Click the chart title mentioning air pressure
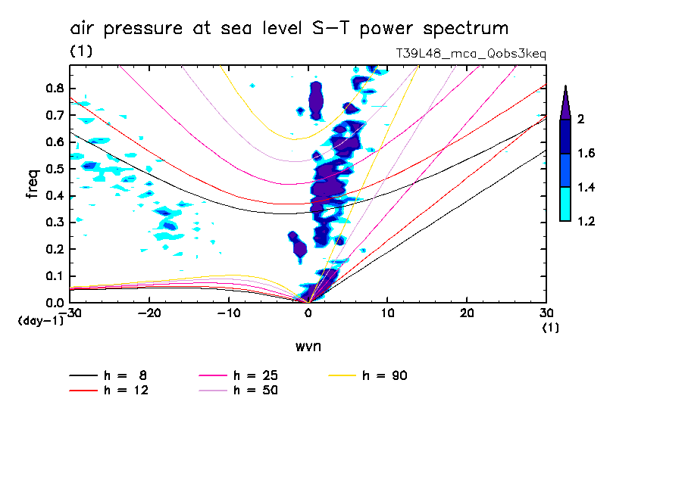point(289,29)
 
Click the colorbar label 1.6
point(586,154)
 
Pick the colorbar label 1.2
point(586,221)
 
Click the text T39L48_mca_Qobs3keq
point(471,54)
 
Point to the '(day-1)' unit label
point(40,321)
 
